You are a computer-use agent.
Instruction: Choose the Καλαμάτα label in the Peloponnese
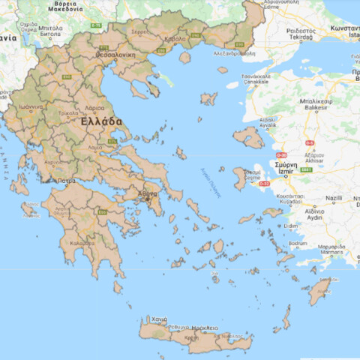coord(82,242)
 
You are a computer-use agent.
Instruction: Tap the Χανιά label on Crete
coord(159,319)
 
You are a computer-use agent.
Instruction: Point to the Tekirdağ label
coord(301,35)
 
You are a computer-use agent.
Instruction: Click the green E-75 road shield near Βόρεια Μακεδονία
coord(96,26)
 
